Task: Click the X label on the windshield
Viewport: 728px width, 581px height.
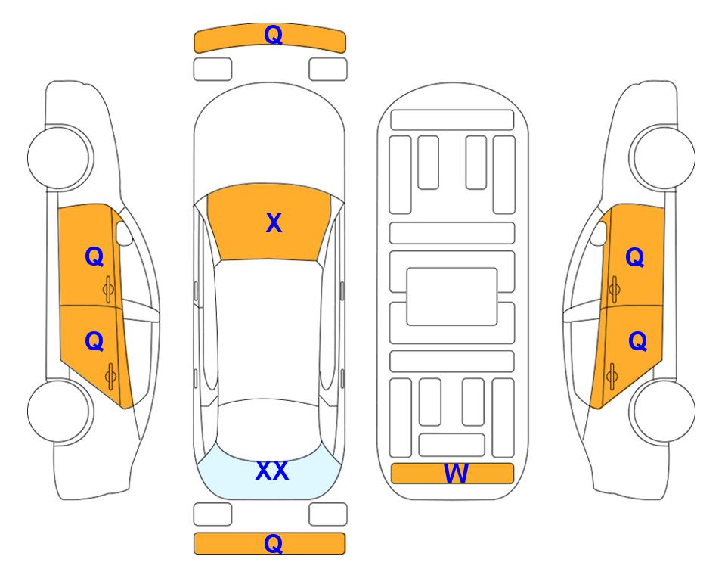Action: pyautogui.click(x=274, y=223)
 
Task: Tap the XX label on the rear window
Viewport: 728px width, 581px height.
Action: pyautogui.click(x=272, y=471)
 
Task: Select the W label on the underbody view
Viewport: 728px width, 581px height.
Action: pyautogui.click(x=456, y=474)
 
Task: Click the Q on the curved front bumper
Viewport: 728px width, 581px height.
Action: pyautogui.click(x=274, y=35)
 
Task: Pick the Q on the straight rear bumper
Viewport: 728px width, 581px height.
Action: pyautogui.click(x=274, y=543)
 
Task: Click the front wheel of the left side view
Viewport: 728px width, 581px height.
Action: pyautogui.click(x=60, y=157)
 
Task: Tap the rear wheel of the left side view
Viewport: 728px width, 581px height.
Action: pyautogui.click(x=60, y=412)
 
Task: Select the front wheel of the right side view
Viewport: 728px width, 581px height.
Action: pyautogui.click(x=662, y=157)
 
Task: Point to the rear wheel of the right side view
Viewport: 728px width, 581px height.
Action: pyautogui.click(x=662, y=412)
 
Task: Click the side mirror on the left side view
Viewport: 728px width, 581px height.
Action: pyautogui.click(x=123, y=233)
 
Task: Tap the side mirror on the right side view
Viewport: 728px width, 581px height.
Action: pyautogui.click(x=599, y=233)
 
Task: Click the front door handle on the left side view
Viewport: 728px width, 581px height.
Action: pyautogui.click(x=108, y=290)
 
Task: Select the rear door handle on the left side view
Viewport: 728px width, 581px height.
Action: pyautogui.click(x=110, y=376)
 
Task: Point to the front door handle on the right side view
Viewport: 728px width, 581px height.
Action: pyautogui.click(x=615, y=290)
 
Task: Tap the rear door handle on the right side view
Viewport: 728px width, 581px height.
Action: pyautogui.click(x=612, y=376)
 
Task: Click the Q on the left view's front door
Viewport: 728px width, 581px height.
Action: pyautogui.click(x=94, y=256)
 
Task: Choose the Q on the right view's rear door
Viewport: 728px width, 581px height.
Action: pyautogui.click(x=637, y=342)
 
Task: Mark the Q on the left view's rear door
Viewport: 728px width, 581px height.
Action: pyautogui.click(x=94, y=342)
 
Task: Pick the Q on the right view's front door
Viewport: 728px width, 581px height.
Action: pyautogui.click(x=635, y=257)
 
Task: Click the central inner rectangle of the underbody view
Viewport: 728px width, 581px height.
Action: pyautogui.click(x=452, y=297)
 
